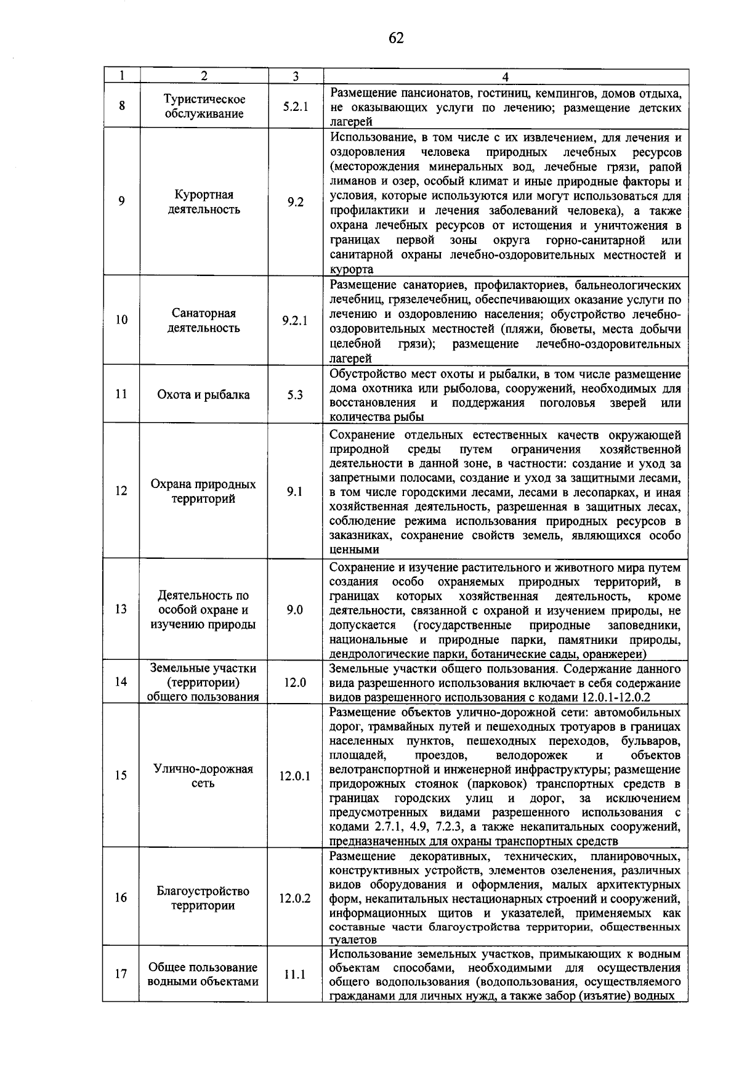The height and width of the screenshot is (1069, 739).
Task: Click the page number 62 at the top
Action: pyautogui.click(x=396, y=38)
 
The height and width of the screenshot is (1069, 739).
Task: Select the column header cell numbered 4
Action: pyautogui.click(x=505, y=76)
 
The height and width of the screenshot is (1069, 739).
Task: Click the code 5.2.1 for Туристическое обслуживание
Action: pyautogui.click(x=295, y=107)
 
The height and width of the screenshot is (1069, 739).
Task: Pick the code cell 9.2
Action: pyautogui.click(x=295, y=202)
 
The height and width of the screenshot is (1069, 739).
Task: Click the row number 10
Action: pyautogui.click(x=122, y=320)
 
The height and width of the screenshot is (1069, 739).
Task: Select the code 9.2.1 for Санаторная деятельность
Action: pyautogui.click(x=295, y=320)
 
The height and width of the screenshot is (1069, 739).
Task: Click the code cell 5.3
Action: pyautogui.click(x=295, y=395)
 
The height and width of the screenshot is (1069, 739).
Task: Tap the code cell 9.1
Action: pyautogui.click(x=295, y=492)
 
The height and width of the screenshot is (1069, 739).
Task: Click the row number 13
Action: pyautogui.click(x=122, y=609)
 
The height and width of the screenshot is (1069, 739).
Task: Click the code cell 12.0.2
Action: pyautogui.click(x=295, y=898)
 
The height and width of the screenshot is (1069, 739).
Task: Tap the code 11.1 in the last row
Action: pyautogui.click(x=295, y=975)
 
